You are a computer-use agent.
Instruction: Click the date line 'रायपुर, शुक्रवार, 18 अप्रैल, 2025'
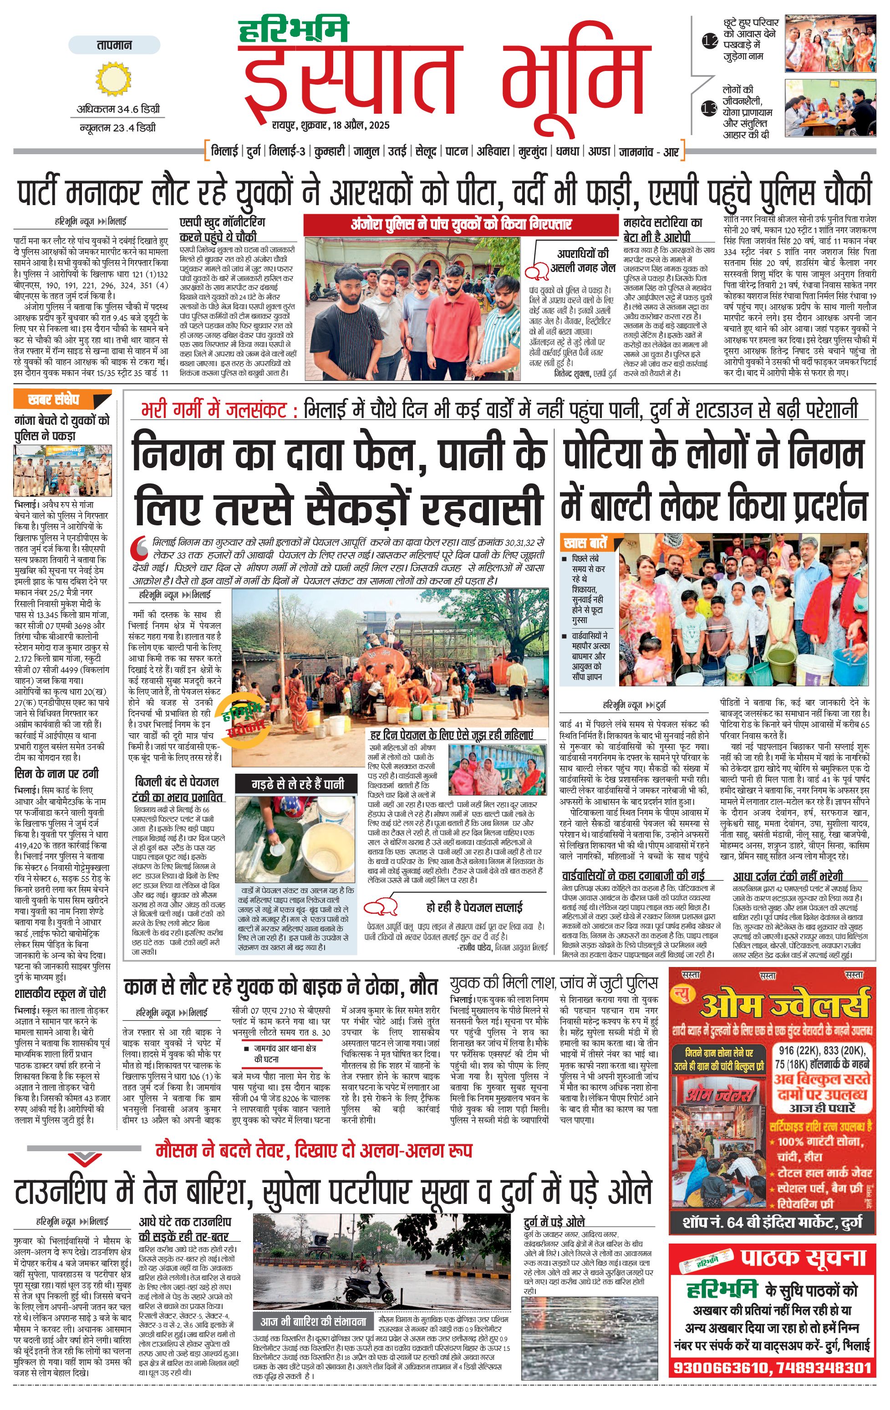pos(330,125)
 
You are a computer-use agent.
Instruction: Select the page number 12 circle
pos(710,41)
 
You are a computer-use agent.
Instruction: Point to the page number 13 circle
pos(710,108)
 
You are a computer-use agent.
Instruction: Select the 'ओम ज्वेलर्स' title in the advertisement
pos(784,1005)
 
